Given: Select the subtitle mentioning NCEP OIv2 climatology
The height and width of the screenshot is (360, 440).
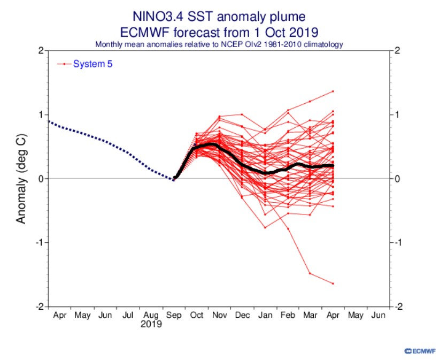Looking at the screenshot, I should [219, 44].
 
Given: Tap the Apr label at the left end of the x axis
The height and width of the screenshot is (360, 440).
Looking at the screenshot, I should [60, 316].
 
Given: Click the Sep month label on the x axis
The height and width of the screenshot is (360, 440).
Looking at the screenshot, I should [174, 316].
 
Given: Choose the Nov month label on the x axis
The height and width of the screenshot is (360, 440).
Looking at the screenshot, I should [219, 316].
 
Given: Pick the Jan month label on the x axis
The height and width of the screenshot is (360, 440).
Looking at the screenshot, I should [265, 316].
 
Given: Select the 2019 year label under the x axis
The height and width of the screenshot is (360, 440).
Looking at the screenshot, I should [152, 324].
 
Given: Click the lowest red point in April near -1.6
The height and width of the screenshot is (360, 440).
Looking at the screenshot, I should [333, 284].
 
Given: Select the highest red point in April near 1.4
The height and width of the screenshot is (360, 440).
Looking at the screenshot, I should [333, 91].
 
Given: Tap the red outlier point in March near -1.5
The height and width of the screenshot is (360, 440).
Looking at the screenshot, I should [310, 273].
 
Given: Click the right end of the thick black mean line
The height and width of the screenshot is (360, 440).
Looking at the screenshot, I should [333, 166].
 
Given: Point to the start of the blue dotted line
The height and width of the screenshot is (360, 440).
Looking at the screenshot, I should [49, 121].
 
